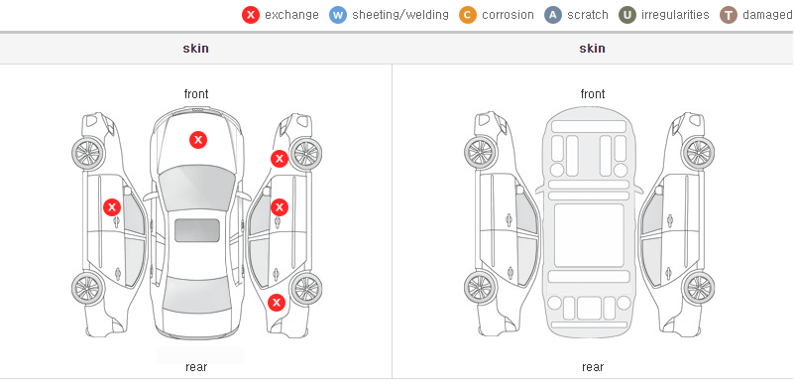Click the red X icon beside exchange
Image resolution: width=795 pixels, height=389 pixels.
[x=251, y=15]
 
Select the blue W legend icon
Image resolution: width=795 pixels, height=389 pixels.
[x=338, y=15]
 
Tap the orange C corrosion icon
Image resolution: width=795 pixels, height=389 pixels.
[x=468, y=15]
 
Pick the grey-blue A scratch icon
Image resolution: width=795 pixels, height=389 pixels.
[x=553, y=15]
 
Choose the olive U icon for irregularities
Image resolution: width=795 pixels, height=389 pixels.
[x=627, y=15]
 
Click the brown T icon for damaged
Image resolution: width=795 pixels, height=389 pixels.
[x=728, y=15]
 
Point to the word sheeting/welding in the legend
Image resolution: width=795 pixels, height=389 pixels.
[x=400, y=15]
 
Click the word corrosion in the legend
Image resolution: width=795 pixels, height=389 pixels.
[x=508, y=15]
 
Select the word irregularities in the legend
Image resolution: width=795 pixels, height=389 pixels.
[x=675, y=15]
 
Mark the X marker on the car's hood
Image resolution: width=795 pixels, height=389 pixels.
[x=198, y=140]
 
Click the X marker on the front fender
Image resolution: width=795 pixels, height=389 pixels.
[x=280, y=159]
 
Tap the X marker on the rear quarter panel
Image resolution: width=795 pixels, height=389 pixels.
[x=277, y=304]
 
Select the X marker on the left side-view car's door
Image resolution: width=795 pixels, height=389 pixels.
[x=112, y=207]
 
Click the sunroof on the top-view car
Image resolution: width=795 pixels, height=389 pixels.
[x=197, y=230]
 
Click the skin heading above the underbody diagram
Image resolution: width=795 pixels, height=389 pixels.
[x=592, y=49]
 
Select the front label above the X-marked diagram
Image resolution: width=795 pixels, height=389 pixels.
[x=196, y=94]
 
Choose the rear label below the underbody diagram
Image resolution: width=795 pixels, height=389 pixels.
[x=593, y=367]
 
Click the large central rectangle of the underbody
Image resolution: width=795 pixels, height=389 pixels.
[x=589, y=235]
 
